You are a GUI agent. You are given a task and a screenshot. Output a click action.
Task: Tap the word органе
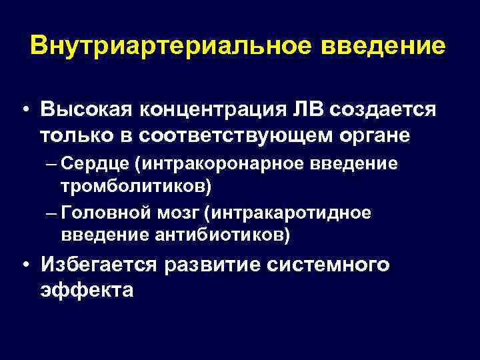click(x=377, y=135)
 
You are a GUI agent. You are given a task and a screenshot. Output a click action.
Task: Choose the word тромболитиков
click(x=135, y=183)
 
